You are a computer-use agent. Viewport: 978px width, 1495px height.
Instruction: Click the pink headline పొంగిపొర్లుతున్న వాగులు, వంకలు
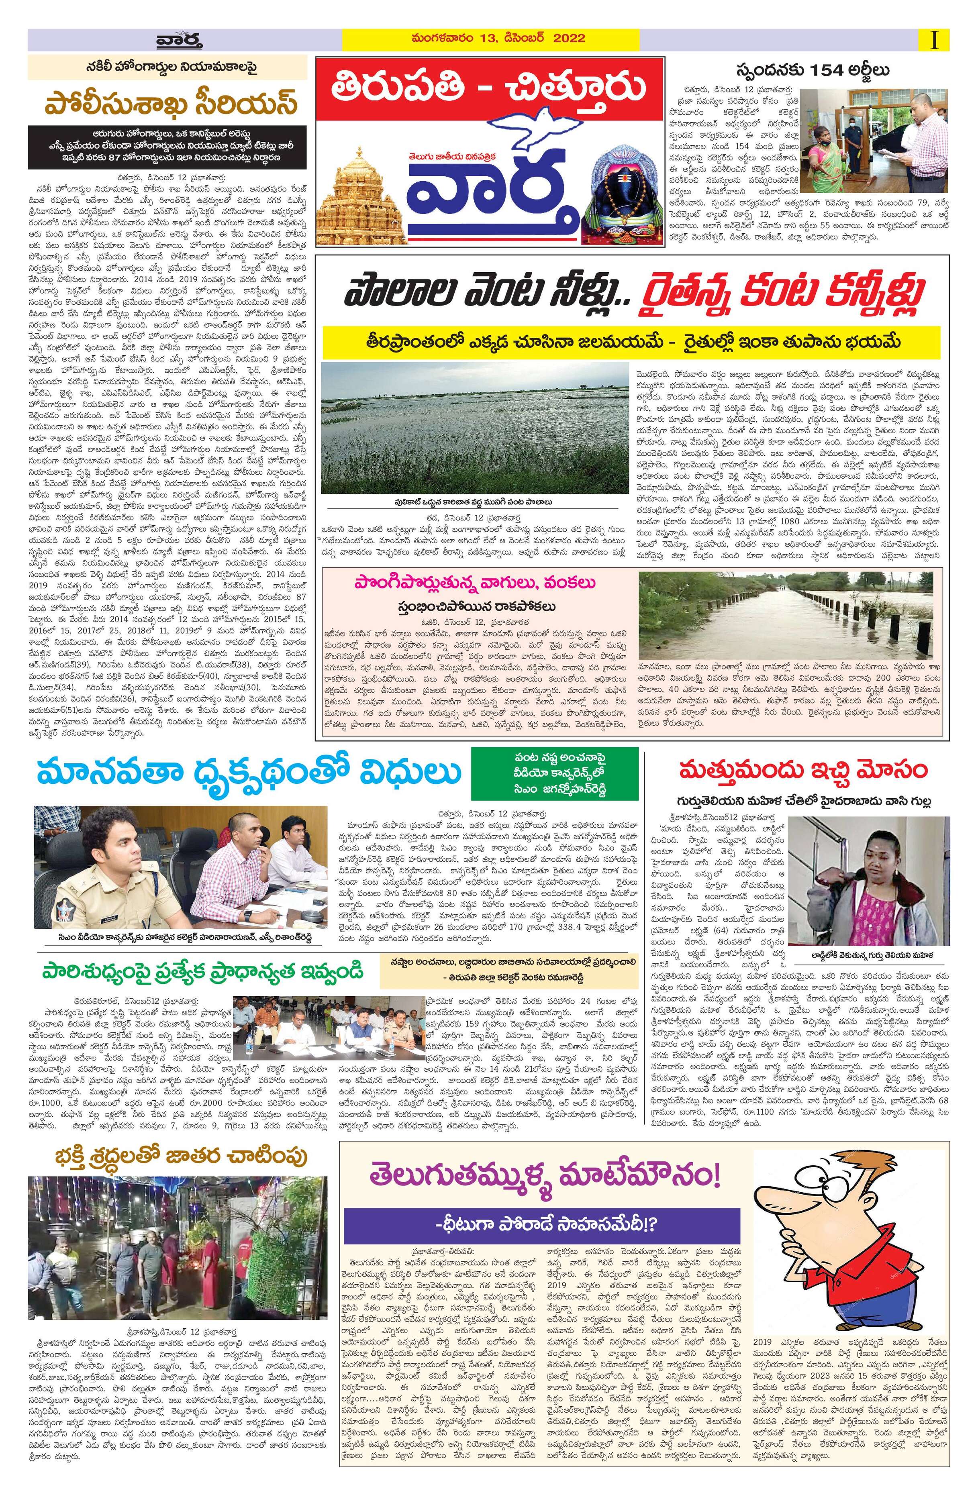click(478, 583)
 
